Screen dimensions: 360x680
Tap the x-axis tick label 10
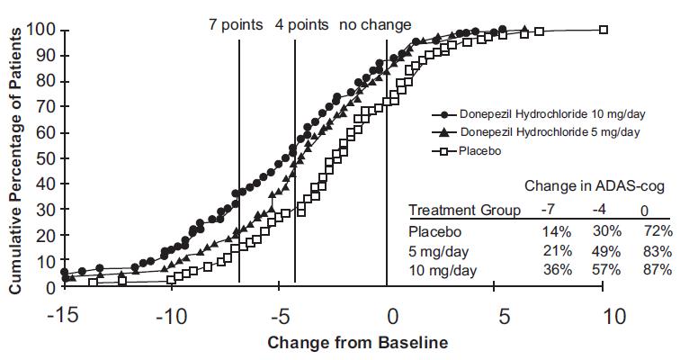[614, 317]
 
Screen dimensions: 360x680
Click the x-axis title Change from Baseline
[357, 343]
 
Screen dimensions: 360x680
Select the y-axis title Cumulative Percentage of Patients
[15, 158]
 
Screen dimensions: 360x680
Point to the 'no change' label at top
[375, 24]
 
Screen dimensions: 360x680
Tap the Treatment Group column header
[465, 211]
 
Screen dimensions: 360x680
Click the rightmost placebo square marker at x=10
[604, 30]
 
